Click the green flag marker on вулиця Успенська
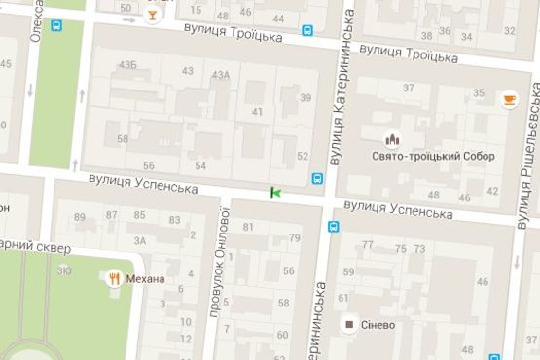point(276,193)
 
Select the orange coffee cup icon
point(509,99)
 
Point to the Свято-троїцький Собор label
point(419,156)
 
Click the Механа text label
point(148,279)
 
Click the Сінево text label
point(379,325)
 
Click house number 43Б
point(126,65)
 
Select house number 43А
point(220,75)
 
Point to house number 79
point(295,238)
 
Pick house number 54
point(200,165)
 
